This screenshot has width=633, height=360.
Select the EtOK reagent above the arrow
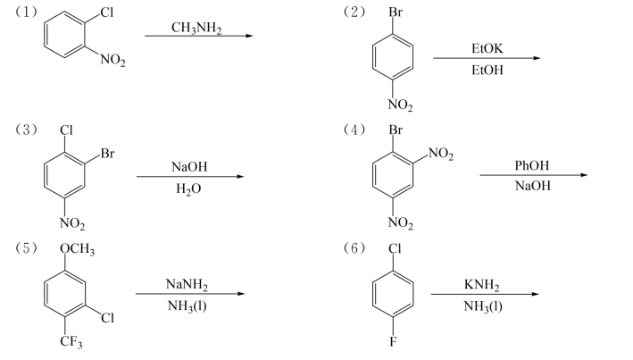487,48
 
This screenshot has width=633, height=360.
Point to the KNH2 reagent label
482,285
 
